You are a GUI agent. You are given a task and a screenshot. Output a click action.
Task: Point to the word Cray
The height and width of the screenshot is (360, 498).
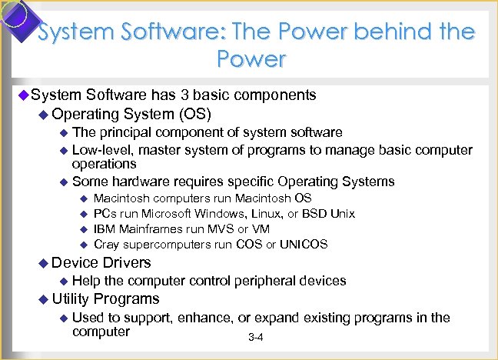tap(105, 245)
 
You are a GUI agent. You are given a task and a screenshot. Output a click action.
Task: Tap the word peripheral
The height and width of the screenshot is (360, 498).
tap(260, 281)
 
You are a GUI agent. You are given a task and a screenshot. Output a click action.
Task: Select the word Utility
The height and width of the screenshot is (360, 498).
tap(72, 298)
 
